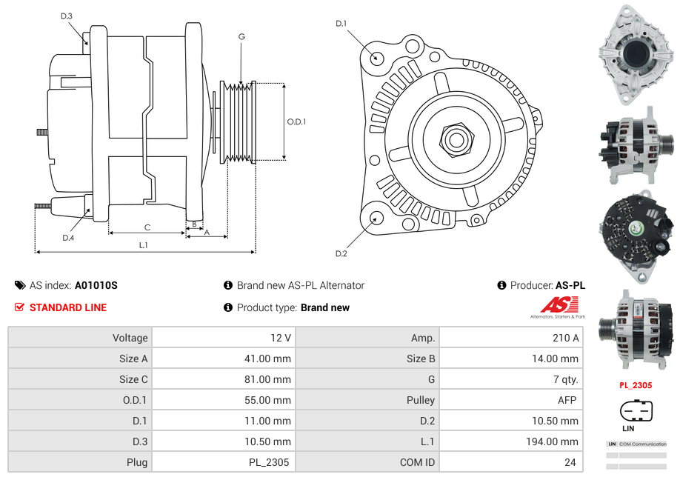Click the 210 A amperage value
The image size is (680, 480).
coord(567,338)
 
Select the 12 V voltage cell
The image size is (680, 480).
coord(281,338)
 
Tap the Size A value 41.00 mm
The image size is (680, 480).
coord(270,359)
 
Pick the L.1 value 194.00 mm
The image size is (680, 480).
coord(555,441)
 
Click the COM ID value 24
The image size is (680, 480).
coord(570,462)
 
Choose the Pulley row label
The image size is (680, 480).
coord(421,400)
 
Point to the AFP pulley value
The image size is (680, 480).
coord(567,400)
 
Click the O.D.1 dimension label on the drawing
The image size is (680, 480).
coord(296,122)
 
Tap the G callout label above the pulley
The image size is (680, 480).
coord(241,36)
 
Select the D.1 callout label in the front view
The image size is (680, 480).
coord(341,24)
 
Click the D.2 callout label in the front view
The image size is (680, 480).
coord(341,254)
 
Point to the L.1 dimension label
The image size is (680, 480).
coord(144,245)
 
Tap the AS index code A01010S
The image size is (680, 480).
coord(96,285)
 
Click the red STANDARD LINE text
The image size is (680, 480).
coord(68,307)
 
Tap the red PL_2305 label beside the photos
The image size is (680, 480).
coord(636,385)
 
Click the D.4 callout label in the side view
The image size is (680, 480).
coord(68,238)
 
